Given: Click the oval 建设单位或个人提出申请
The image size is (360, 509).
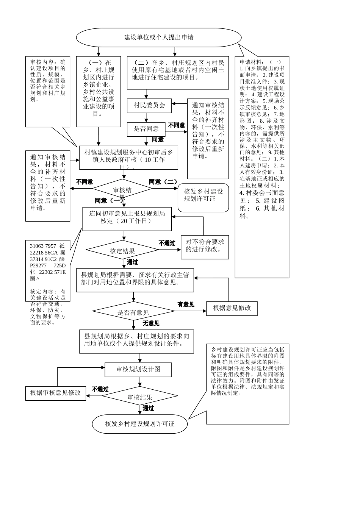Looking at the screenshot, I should point(159,37).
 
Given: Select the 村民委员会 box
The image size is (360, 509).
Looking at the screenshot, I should point(149,105).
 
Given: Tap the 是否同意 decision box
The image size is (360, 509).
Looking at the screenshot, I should point(146,129).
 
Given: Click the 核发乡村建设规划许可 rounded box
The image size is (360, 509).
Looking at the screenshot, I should point(203,195).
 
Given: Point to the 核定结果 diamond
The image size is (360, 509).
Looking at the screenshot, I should point(122,251).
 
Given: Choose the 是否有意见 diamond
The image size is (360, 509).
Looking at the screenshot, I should point(133,312).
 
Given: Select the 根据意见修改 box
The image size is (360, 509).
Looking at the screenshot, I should point(232,308).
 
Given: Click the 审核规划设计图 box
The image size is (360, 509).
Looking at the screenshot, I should point(138,369).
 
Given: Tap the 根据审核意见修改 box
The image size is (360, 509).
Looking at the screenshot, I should point(56,393).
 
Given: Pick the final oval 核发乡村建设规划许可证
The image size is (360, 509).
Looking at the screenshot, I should point(140,424).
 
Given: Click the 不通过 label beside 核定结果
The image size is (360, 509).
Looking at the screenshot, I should point(167,243).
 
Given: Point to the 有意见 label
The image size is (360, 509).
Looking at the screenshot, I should point(186,304).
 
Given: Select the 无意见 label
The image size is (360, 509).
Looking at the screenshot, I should point(151,323).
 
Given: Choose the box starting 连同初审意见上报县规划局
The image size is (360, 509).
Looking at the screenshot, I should point(127,217).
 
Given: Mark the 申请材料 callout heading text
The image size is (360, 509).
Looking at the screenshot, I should point(260,62).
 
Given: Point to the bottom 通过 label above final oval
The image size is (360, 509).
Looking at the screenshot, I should point(148,408).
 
